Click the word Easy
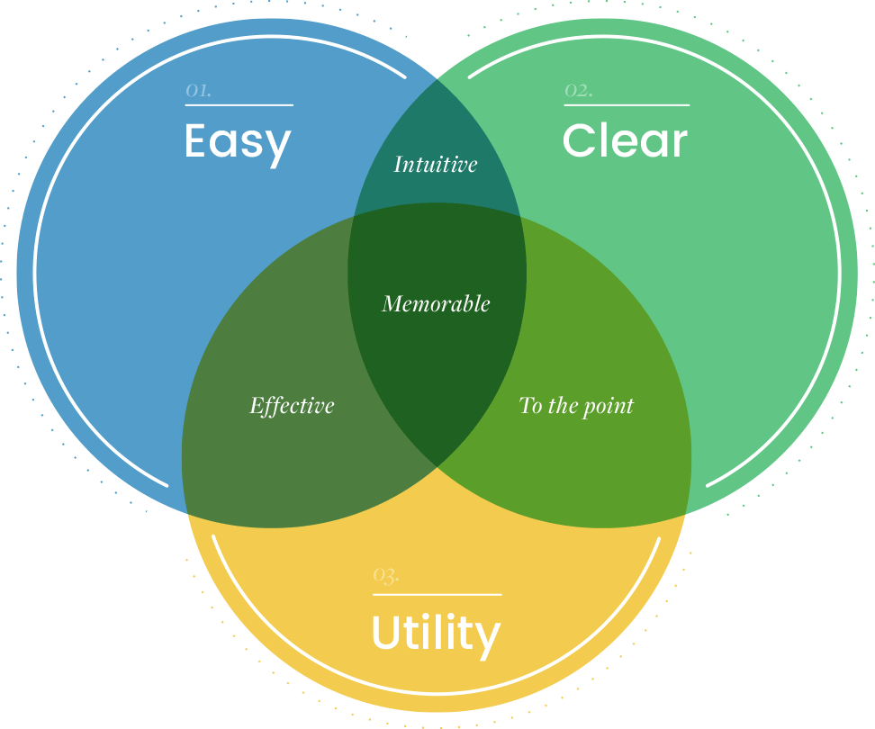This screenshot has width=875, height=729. (x=238, y=142)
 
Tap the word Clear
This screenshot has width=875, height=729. (x=625, y=141)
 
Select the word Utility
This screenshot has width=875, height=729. (x=436, y=634)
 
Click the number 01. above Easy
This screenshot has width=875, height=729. (x=198, y=90)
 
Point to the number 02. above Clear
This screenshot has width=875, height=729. (x=578, y=90)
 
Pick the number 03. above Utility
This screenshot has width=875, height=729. (x=386, y=575)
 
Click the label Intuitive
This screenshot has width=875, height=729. (x=436, y=165)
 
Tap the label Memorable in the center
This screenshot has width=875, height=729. (x=436, y=304)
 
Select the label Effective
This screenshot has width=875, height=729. (x=292, y=406)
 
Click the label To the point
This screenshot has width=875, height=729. (x=576, y=406)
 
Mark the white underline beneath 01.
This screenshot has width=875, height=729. (x=239, y=105)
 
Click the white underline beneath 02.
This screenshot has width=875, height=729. (x=627, y=105)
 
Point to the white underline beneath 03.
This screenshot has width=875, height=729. (x=437, y=594)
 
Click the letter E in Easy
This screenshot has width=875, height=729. (x=196, y=141)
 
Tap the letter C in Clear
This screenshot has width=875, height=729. (x=578, y=141)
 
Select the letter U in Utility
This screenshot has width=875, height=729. (x=386, y=633)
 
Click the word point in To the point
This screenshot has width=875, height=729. (x=608, y=407)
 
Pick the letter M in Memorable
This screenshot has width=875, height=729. (x=392, y=304)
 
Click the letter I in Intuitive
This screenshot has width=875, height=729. (x=399, y=165)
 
